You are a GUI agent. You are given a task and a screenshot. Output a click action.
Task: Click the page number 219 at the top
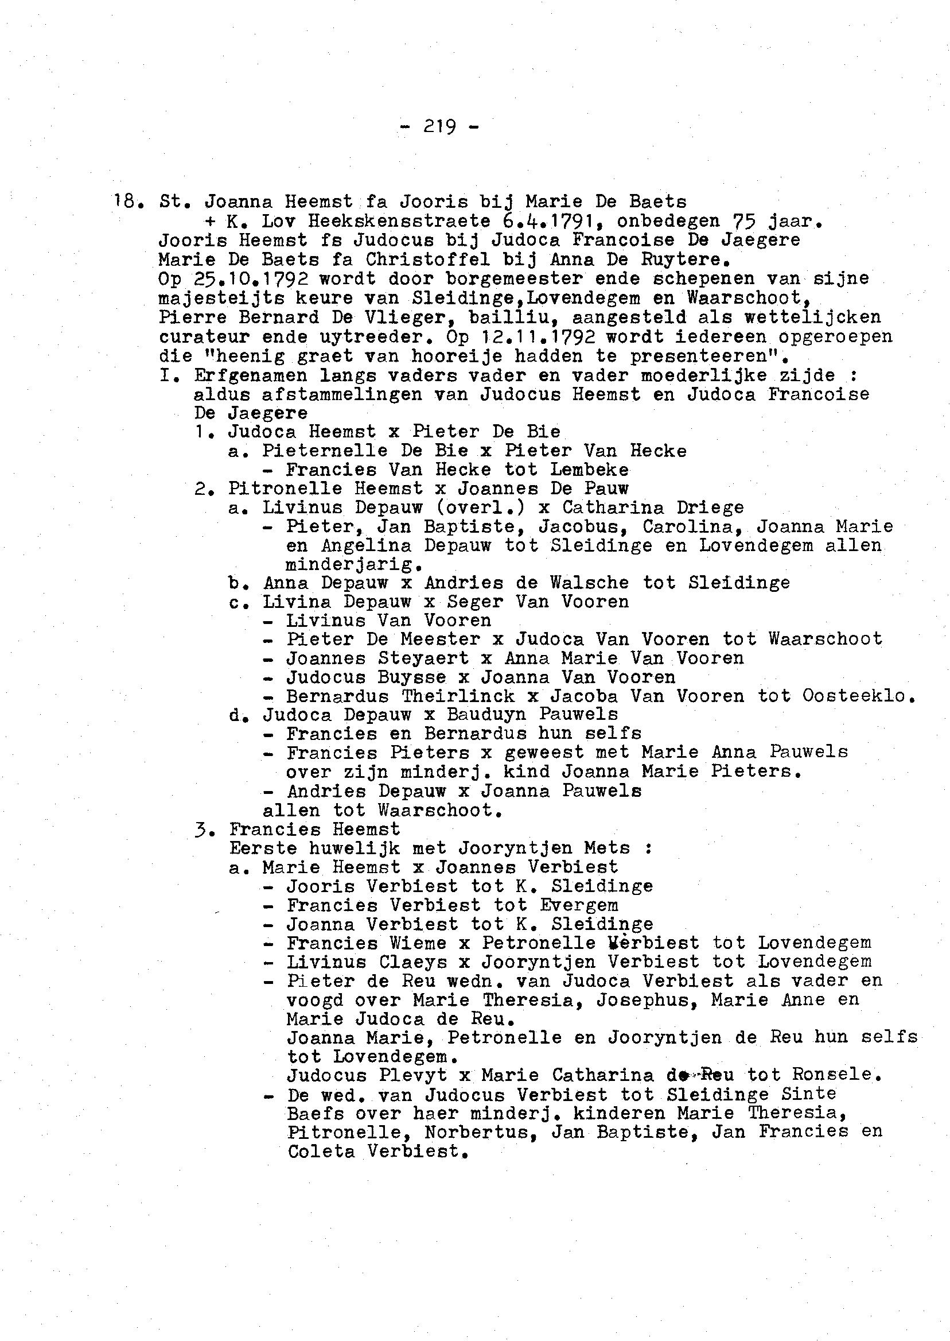click(439, 126)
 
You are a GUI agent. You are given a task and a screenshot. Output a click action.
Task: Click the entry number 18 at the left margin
click(126, 202)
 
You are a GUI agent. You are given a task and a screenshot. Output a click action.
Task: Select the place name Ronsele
click(835, 1075)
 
